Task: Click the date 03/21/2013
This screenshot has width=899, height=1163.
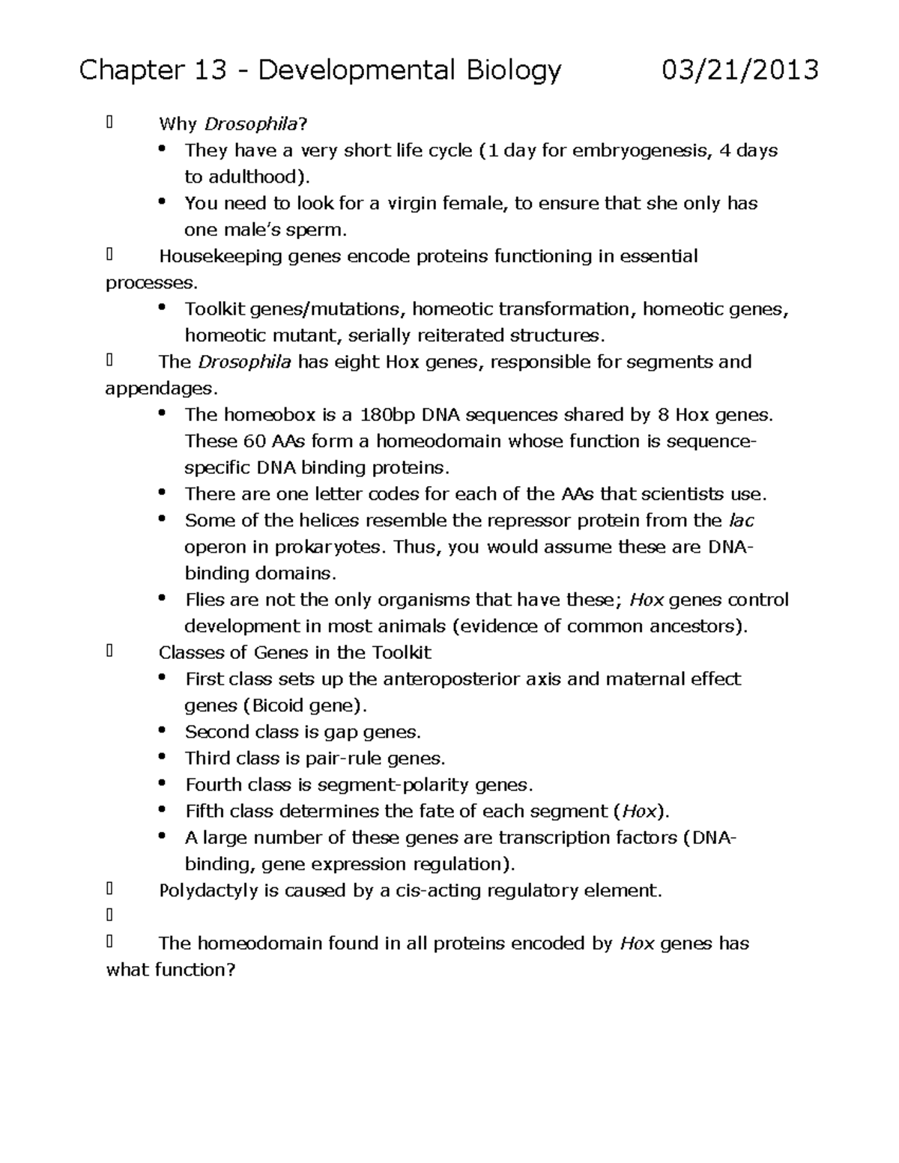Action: [x=739, y=70]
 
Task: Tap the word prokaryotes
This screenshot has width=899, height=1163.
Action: [x=338, y=547]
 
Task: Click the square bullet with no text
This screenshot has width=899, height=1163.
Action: [x=109, y=915]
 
